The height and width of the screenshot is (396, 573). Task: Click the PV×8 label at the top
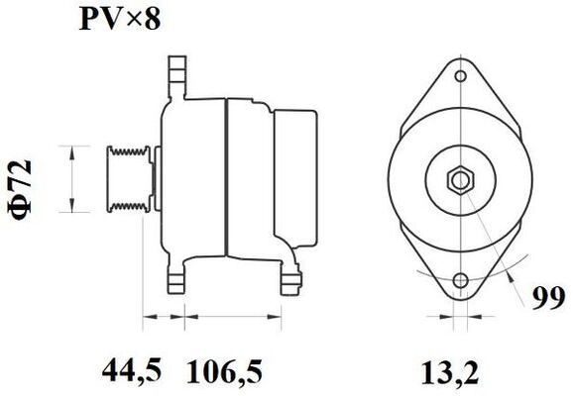(x=121, y=20)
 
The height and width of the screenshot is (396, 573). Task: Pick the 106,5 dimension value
(x=226, y=372)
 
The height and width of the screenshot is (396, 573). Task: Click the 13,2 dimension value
(x=456, y=372)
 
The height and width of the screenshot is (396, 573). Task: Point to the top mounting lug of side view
(x=177, y=75)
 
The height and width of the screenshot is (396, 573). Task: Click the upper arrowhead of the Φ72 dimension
(x=71, y=148)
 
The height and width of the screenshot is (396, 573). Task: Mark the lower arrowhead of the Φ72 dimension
(x=71, y=209)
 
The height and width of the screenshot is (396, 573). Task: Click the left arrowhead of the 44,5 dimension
(x=149, y=319)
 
